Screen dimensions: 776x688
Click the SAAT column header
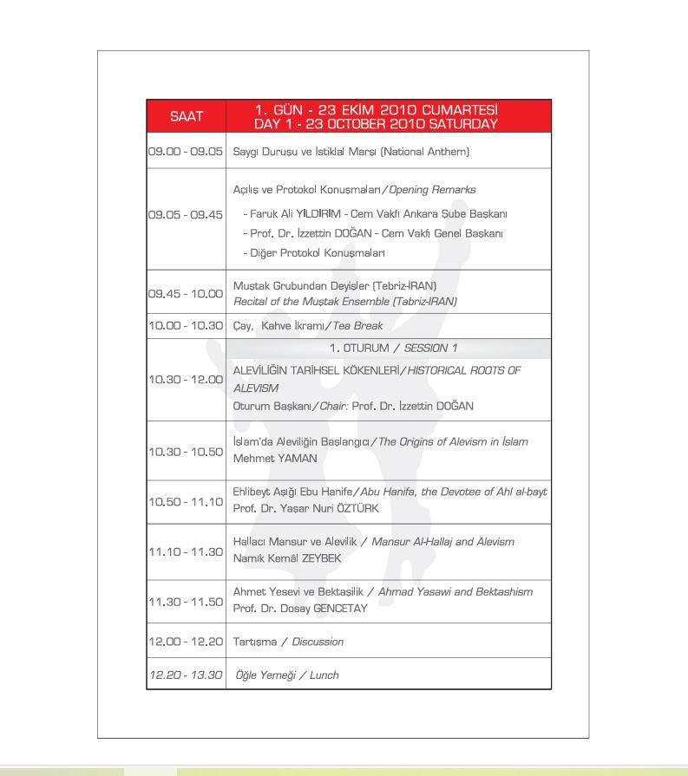[x=186, y=116]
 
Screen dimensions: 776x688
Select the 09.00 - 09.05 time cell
[x=186, y=152]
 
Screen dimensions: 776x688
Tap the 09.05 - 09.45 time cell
[x=186, y=215]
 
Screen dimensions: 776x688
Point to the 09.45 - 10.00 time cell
[x=186, y=293]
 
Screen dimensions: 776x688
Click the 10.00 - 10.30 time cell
[x=186, y=326]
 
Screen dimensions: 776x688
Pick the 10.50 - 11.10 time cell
[x=186, y=502]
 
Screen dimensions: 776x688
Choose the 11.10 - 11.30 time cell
[x=186, y=551]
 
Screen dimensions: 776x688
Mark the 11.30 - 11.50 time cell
[x=186, y=602]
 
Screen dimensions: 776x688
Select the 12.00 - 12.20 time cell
[x=186, y=642]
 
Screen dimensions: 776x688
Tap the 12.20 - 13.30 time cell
[x=186, y=675]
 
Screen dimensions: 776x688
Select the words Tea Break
[x=356, y=326]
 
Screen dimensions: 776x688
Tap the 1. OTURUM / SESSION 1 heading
[x=393, y=349]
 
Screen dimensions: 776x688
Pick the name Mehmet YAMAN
[x=275, y=459]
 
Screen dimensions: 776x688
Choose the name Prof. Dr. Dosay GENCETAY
[x=300, y=609]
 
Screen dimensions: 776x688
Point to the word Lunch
[x=324, y=675]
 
